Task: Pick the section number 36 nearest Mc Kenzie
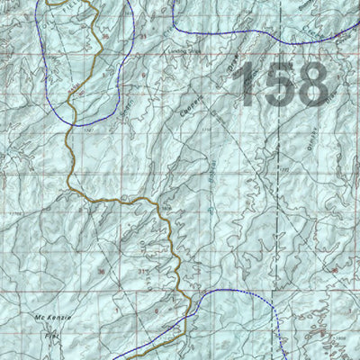[101, 271]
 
